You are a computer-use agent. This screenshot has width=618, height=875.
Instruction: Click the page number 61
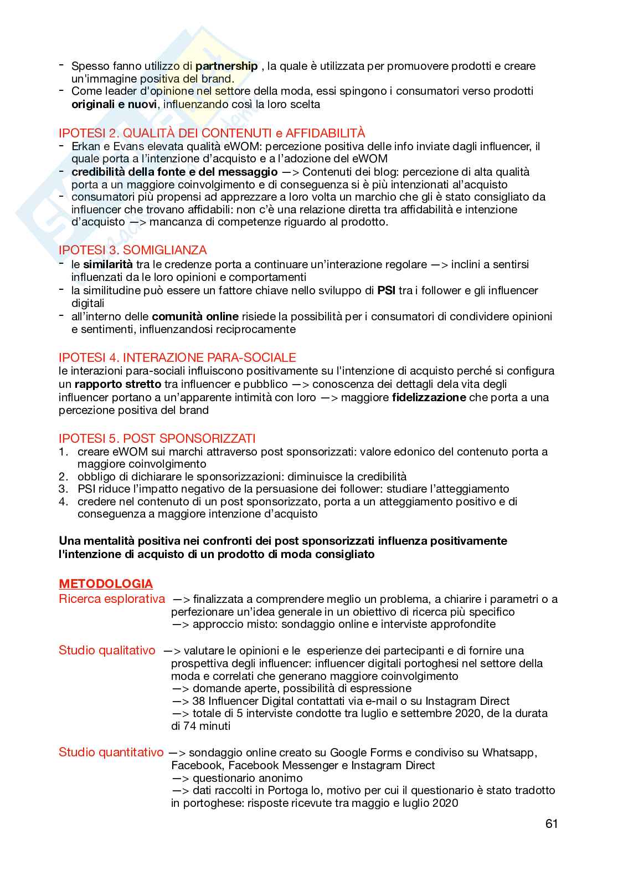(x=551, y=823)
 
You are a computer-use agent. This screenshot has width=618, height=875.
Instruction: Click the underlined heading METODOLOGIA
(x=106, y=584)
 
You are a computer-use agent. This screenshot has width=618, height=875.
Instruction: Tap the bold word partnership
(x=226, y=66)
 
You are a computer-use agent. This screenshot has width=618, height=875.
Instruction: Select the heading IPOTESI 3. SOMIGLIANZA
(x=133, y=250)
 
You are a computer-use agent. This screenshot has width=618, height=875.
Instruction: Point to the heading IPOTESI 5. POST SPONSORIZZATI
(x=157, y=438)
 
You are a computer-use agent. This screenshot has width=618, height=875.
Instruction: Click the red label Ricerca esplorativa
(x=112, y=598)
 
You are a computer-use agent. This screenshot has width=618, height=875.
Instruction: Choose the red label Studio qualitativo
(x=107, y=650)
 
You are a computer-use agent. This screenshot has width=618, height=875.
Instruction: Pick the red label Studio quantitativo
(x=111, y=752)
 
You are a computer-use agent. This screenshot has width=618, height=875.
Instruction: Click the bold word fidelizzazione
(x=429, y=397)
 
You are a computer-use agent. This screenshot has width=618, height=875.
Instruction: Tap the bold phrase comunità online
(x=195, y=316)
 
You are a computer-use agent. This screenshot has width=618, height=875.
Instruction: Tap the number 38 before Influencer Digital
(x=198, y=700)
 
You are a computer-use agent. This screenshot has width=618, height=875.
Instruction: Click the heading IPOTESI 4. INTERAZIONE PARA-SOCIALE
(x=177, y=357)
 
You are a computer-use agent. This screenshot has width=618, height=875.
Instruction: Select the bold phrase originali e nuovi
(x=115, y=104)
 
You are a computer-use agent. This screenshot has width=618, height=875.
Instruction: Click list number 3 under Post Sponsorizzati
(x=64, y=489)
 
